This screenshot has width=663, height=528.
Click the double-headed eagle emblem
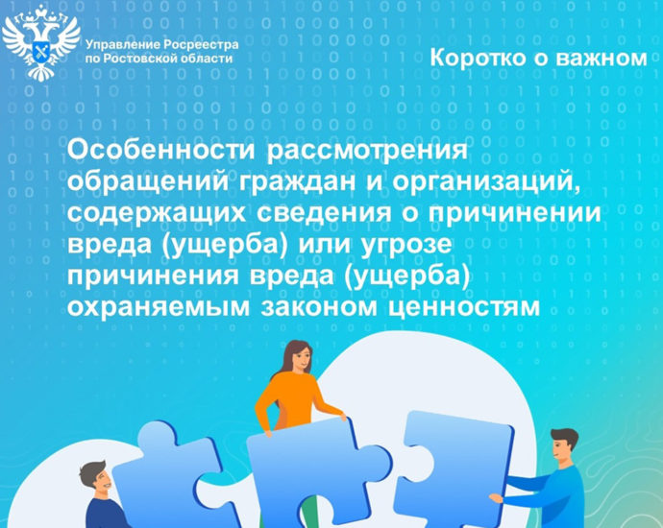click(x=41, y=43)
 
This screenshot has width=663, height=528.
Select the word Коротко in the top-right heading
click(x=478, y=58)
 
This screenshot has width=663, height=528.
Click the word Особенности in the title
click(x=161, y=151)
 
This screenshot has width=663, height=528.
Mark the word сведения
click(x=324, y=213)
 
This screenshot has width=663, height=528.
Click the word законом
click(x=319, y=308)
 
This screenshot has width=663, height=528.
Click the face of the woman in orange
click(x=301, y=360)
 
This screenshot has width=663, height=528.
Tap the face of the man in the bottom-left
click(x=101, y=482)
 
